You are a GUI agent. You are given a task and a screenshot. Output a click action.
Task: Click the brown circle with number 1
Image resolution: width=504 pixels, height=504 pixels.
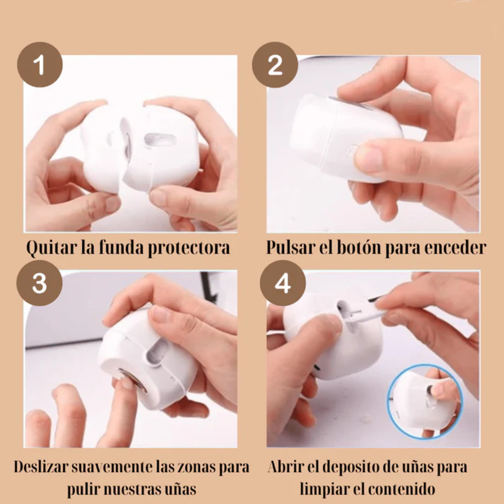tap(40, 64)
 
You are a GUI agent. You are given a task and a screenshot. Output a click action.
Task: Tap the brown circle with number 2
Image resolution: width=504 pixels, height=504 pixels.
tap(275, 64)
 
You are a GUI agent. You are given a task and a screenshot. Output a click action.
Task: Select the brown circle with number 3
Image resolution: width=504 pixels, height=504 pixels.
tap(39, 283)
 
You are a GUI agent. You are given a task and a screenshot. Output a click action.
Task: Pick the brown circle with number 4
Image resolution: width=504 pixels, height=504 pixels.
tap(283, 283)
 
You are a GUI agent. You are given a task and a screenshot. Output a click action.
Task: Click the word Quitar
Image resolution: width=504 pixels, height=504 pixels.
tap(46, 248)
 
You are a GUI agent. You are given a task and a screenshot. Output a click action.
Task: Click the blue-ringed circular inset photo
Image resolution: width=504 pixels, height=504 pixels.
tap(424, 402)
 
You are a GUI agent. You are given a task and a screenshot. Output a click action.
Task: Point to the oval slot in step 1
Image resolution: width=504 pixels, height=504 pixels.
tap(159, 140)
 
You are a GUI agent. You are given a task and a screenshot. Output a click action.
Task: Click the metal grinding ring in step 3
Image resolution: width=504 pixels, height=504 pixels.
tap(132, 379)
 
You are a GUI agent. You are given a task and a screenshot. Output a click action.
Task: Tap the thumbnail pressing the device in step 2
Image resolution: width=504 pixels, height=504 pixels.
tap(368, 158)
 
